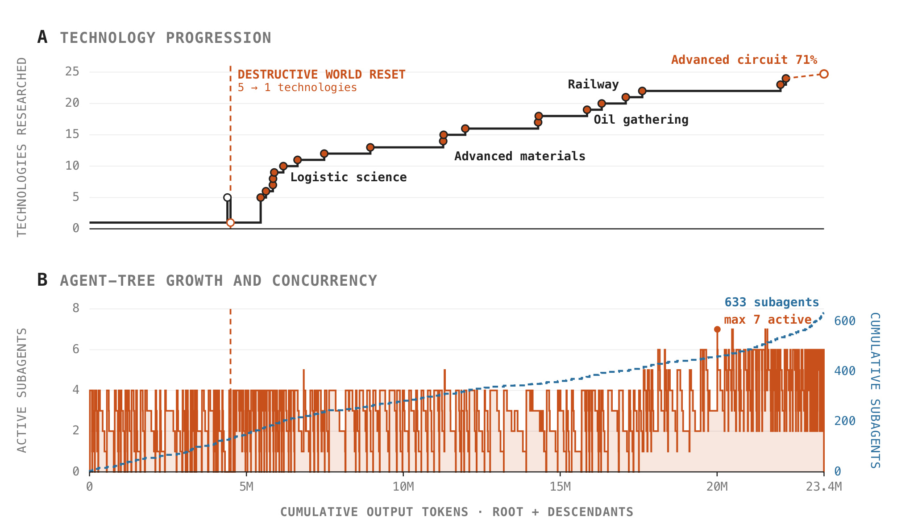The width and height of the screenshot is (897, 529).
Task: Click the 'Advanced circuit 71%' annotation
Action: pyautogui.click(x=744, y=60)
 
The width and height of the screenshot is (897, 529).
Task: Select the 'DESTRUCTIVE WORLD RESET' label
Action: pyautogui.click(x=321, y=75)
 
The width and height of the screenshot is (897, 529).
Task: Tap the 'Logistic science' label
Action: pyautogui.click(x=349, y=177)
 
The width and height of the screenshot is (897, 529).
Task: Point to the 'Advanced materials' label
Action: pyautogui.click(x=520, y=156)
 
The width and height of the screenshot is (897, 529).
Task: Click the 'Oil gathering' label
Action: pyautogui.click(x=641, y=120)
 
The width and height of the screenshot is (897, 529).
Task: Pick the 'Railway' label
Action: pyautogui.click(x=593, y=84)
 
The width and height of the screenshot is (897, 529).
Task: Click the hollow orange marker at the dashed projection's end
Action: pyautogui.click(x=824, y=74)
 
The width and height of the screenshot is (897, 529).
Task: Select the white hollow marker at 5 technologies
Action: pyautogui.click(x=227, y=198)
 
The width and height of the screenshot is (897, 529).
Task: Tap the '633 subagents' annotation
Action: pyautogui.click(x=772, y=302)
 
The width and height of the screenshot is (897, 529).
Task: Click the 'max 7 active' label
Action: pyautogui.click(x=768, y=320)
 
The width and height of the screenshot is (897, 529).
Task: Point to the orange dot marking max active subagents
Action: pyautogui.click(x=717, y=329)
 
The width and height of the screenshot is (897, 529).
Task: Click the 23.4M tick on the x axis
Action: pyautogui.click(x=824, y=487)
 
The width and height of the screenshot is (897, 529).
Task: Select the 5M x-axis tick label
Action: pyautogui.click(x=246, y=487)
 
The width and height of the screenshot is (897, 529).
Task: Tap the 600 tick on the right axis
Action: pyautogui.click(x=845, y=321)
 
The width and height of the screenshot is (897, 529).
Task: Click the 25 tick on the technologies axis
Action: pyautogui.click(x=72, y=71)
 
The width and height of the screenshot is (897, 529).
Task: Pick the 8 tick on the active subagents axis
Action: pyautogui.click(x=76, y=308)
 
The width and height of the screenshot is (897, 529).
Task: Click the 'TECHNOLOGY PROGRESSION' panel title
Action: pyautogui.click(x=166, y=38)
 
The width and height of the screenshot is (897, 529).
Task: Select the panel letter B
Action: pyautogui.click(x=42, y=280)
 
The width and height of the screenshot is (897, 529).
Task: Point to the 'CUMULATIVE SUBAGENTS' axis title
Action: pyautogui.click(x=875, y=390)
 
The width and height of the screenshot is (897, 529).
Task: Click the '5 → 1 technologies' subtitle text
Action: pyautogui.click(x=297, y=87)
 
